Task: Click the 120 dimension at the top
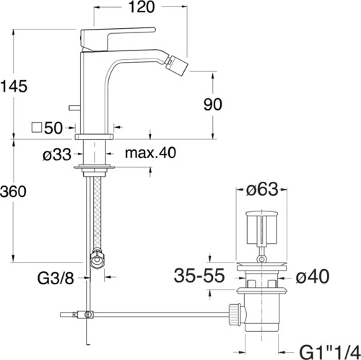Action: point(142,7)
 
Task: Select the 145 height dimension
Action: point(14,86)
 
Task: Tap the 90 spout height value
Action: point(213,105)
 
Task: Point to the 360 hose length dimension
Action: point(13,192)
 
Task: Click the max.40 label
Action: point(151,152)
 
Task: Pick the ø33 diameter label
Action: point(57,154)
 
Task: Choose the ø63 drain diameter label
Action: point(262,189)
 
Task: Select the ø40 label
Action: point(313,276)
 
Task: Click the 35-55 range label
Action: point(199,276)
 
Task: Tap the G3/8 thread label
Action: point(56,278)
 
